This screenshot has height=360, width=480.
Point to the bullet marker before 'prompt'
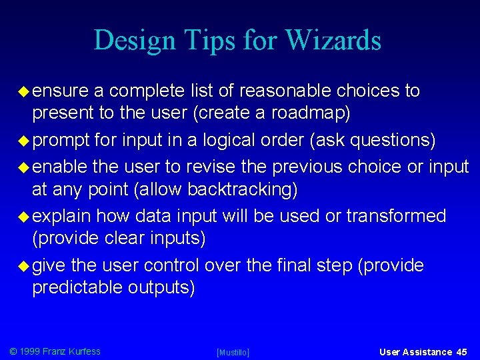(24, 141)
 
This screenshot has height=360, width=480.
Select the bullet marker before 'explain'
(24, 217)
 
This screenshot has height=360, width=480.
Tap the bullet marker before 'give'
(24, 266)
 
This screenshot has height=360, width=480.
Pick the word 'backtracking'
(239, 190)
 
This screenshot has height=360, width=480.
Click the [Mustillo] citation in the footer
(233, 352)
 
